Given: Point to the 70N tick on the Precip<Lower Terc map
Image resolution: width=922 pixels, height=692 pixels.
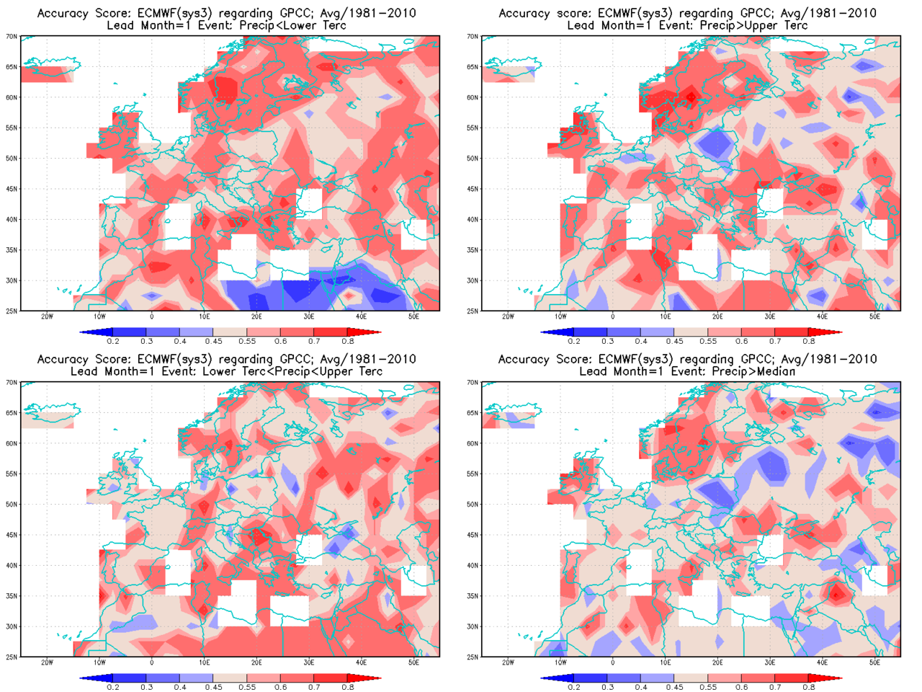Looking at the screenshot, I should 12,36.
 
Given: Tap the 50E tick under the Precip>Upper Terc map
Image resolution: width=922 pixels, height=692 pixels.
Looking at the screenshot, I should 874,316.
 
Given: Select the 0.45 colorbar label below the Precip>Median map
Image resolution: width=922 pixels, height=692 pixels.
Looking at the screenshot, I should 674,687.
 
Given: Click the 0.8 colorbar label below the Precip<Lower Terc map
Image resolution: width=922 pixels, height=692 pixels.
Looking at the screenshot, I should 348,341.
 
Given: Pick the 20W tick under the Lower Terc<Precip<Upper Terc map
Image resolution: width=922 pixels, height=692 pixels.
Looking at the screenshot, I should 47,662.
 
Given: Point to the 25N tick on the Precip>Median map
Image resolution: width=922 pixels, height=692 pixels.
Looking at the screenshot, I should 473,657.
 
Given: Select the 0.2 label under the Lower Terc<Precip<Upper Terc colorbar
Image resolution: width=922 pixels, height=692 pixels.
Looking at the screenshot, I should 113,687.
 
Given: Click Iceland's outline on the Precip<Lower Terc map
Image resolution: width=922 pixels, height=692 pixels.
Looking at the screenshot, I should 50,69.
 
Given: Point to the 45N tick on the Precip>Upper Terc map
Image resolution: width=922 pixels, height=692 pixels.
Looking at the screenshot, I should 473,189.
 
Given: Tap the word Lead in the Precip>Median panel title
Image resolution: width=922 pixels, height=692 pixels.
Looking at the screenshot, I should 594,371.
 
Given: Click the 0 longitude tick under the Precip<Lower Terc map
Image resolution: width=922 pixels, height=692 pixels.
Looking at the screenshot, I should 151,316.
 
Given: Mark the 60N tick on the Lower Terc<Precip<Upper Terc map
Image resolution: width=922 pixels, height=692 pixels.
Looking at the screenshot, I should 12,443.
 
